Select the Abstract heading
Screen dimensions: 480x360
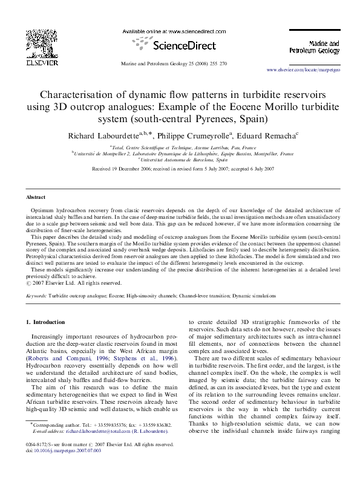pos(36,198)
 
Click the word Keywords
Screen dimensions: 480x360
pos(38,296)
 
